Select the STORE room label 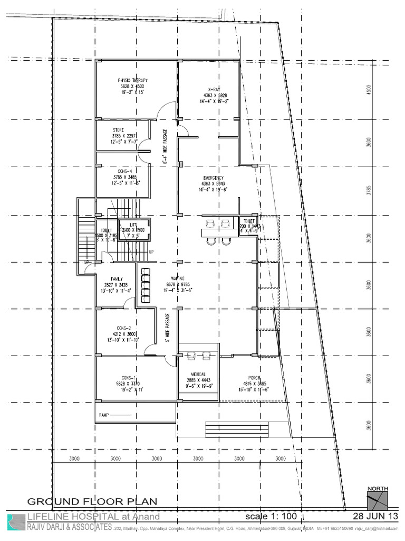coord(118,130)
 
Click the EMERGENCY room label coord(214,178)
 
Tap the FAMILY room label coord(117,278)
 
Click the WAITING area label coord(177,278)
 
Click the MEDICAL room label coord(198,375)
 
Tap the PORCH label coord(256,378)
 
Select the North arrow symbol coord(378,500)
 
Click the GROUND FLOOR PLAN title coord(92,501)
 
